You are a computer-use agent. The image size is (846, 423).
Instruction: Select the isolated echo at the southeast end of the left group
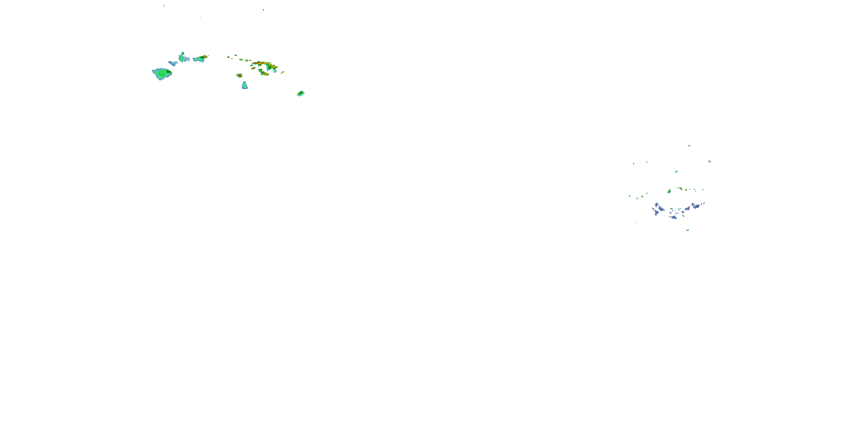301,94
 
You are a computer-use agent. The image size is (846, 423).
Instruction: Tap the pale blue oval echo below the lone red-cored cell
245,85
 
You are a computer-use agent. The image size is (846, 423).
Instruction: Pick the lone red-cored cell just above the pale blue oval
239,76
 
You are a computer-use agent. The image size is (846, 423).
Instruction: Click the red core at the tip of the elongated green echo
205,56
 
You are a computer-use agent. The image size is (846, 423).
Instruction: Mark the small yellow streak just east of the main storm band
283,72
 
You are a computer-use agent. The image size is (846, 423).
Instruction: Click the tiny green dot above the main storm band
263,10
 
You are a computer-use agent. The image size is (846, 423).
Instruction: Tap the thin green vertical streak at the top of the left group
164,5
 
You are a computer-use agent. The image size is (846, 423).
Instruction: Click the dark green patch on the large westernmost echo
168,71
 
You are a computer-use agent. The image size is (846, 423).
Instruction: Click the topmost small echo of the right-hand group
689,146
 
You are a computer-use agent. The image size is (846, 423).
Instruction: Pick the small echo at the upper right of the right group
710,161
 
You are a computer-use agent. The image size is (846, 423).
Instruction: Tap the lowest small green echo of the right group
688,230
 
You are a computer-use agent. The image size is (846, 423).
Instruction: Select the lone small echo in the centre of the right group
676,171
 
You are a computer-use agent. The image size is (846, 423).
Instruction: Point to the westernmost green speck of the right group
630,196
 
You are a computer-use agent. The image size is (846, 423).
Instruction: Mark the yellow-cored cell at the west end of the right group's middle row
669,191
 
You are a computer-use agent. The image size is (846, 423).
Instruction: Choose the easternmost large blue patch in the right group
696,206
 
